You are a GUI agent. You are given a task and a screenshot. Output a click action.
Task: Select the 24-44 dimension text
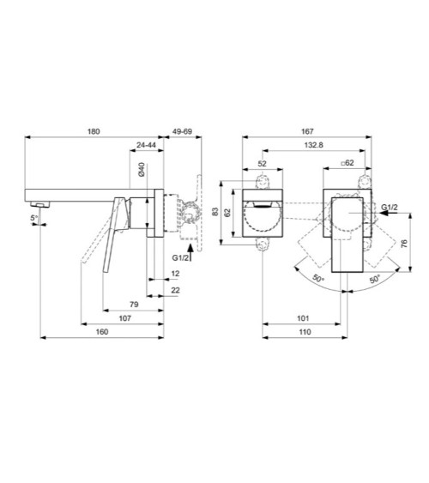pos(146,147)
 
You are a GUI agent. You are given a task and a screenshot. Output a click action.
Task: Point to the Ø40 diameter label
pos(139,170)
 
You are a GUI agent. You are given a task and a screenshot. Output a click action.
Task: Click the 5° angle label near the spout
pos(33,218)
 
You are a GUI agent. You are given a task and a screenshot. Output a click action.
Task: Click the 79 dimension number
pos(136,304)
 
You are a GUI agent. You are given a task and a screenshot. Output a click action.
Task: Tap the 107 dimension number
pos(124,318)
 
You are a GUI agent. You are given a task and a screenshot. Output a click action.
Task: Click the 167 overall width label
pos(305,131)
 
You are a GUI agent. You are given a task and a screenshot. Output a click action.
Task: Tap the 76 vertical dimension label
pos(403,243)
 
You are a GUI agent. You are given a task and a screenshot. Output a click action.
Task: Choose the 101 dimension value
pos(305,318)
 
